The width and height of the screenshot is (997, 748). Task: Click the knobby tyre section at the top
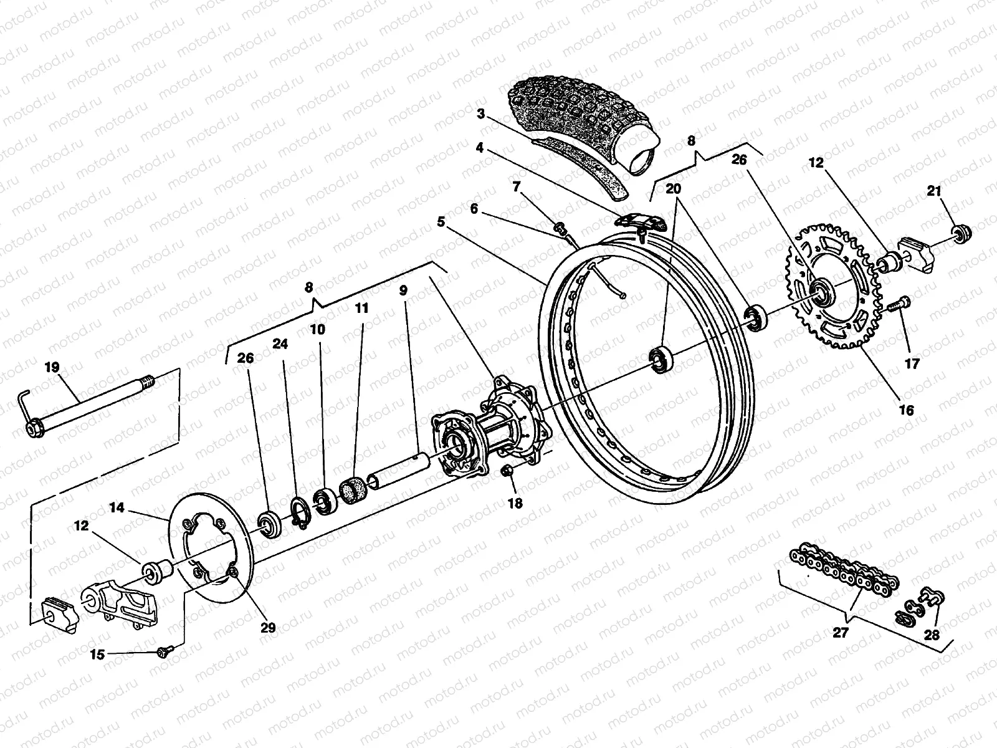580,118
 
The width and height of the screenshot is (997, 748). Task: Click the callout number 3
497,114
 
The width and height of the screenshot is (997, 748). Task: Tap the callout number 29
267,627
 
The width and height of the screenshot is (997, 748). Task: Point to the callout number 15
97,654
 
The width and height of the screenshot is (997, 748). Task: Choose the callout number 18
515,503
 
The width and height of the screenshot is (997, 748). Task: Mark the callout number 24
280,344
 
